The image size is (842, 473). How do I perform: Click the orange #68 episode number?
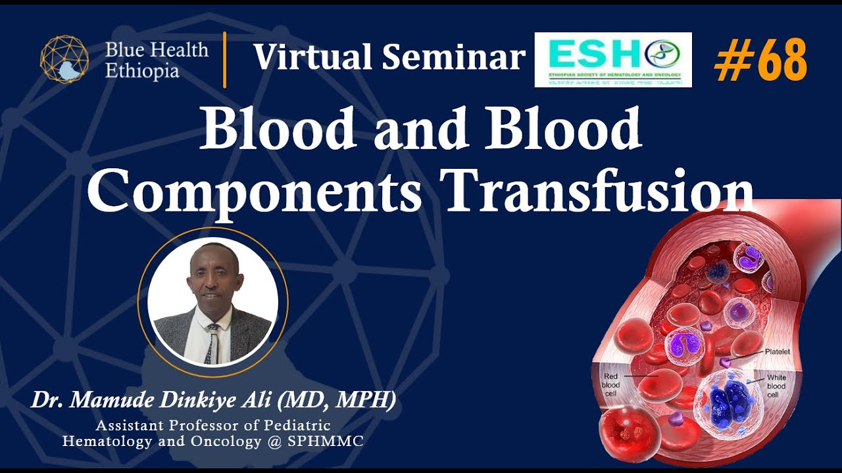point(760,60)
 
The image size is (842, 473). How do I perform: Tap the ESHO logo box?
point(612,60)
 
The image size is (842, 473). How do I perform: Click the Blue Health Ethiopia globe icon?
point(64,60)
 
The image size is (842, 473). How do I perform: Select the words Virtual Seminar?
point(389,57)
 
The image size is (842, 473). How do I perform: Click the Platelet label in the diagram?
point(777,353)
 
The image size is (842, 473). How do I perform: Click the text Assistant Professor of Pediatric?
point(212,426)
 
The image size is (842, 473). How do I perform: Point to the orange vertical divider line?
point(225,60)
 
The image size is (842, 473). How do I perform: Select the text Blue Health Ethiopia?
point(156,60)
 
